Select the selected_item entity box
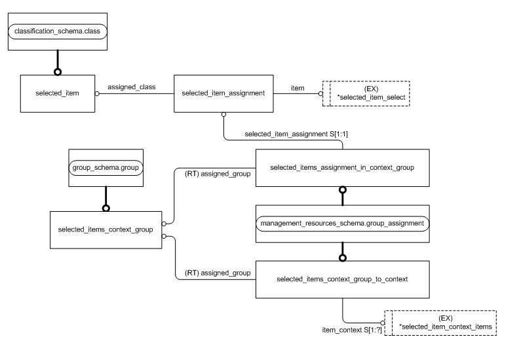point(58,93)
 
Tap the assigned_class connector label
point(131,87)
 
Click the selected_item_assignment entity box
point(223,93)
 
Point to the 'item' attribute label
point(297,87)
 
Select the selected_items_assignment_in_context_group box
point(342,167)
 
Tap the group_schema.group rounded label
point(106,167)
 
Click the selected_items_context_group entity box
point(106,230)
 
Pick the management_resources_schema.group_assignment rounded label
point(342,224)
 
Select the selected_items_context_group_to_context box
point(342,279)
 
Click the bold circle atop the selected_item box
point(58,71)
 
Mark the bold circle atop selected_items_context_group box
point(106,208)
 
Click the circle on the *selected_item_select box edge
point(321,93)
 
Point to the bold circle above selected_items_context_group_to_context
point(342,257)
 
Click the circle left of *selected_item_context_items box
point(383,322)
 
